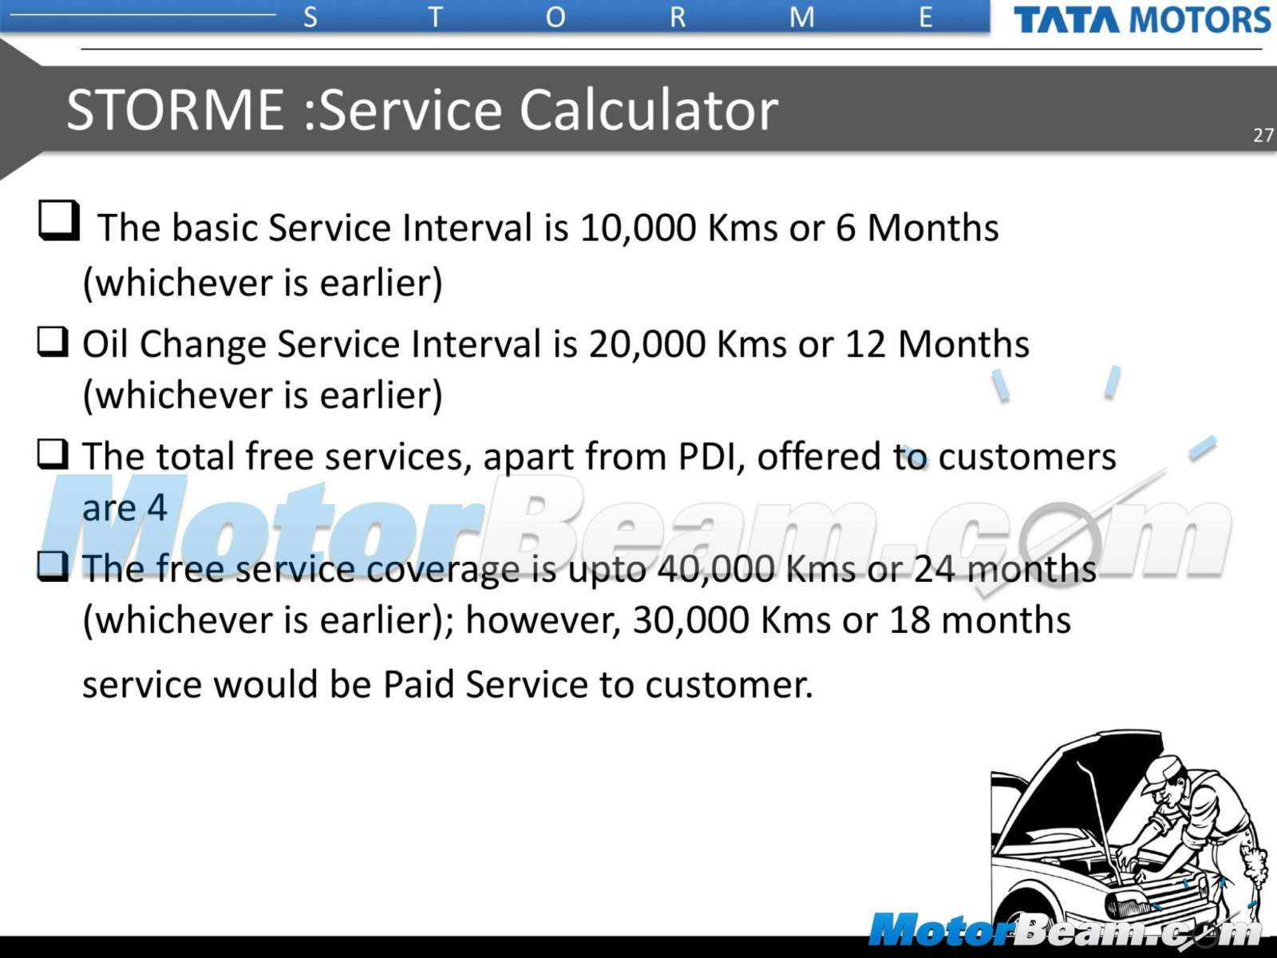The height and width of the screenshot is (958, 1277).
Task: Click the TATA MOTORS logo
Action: [1142, 20]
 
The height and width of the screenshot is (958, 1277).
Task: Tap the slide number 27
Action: [1263, 135]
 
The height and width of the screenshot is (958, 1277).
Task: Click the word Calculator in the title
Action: [648, 110]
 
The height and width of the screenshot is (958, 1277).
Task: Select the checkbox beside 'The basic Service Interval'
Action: [59, 220]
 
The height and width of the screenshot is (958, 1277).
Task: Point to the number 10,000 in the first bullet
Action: [638, 228]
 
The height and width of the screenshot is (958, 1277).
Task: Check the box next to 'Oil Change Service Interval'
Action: [53, 342]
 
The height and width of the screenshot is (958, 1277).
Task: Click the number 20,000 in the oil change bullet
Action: [647, 344]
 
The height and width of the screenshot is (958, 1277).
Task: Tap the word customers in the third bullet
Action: [1027, 457]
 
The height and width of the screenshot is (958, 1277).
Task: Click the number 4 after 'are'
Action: [157, 507]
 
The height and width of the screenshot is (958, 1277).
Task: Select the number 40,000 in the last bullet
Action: [716, 569]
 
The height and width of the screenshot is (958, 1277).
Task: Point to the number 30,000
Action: [690, 620]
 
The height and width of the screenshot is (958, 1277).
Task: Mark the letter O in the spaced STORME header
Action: [555, 18]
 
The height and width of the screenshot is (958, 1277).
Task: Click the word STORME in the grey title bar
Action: [175, 110]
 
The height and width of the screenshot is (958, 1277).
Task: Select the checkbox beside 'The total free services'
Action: [53, 453]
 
